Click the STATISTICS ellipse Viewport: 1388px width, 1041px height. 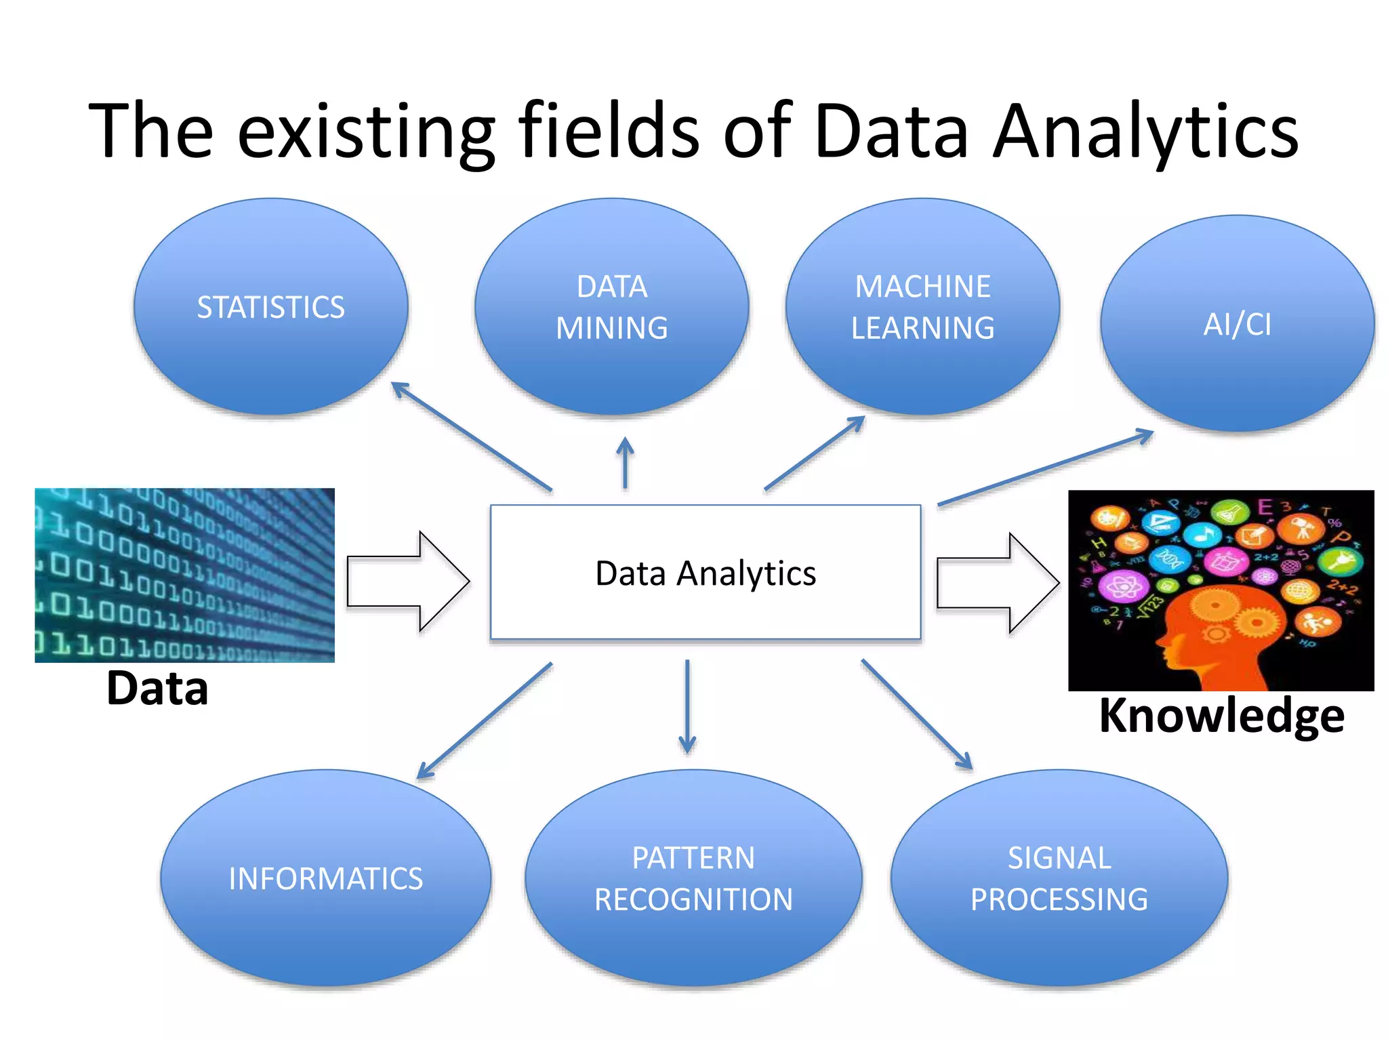(270, 306)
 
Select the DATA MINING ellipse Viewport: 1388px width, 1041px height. (611, 306)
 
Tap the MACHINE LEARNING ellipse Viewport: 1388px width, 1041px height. (922, 306)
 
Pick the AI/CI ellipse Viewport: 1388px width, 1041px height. (1237, 323)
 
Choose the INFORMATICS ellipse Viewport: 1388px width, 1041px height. (325, 878)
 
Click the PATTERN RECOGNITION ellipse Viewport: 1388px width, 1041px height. (693, 878)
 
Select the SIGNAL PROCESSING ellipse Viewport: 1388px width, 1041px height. (1059, 878)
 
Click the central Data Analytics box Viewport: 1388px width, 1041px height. (705, 573)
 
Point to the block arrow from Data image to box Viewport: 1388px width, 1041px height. (407, 581)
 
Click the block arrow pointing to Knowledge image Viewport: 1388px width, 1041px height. (996, 583)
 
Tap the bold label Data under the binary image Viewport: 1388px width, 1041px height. (157, 689)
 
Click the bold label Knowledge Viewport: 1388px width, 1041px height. (1221, 716)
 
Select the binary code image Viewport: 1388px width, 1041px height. (184, 575)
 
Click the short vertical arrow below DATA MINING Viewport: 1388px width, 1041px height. (625, 464)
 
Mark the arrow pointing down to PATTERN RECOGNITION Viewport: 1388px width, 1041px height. (687, 706)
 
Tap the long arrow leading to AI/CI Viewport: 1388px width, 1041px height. (1045, 468)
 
